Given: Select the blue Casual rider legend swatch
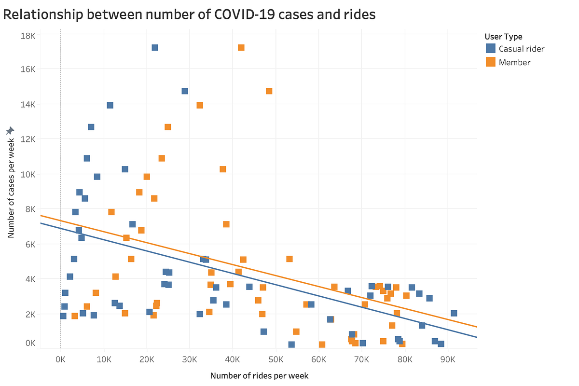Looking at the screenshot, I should coord(491,48).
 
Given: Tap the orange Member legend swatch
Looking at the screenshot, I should coord(491,62).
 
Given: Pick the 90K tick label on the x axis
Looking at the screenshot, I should coord(448,359).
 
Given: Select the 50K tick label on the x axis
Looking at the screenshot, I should coord(276,359).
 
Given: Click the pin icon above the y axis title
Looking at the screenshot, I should coord(10,131).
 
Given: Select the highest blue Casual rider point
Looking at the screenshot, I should coord(155,47).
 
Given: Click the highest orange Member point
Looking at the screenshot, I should coord(241,47).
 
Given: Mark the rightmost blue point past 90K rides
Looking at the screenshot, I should coord(454,313).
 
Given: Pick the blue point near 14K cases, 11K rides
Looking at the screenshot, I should coord(110,105).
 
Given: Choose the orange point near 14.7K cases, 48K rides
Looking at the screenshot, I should coord(269,91).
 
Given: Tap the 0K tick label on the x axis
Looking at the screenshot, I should coord(60,359).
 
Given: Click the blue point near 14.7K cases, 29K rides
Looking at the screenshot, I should coord(185,91).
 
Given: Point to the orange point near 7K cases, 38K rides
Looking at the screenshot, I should coord(226,224).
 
